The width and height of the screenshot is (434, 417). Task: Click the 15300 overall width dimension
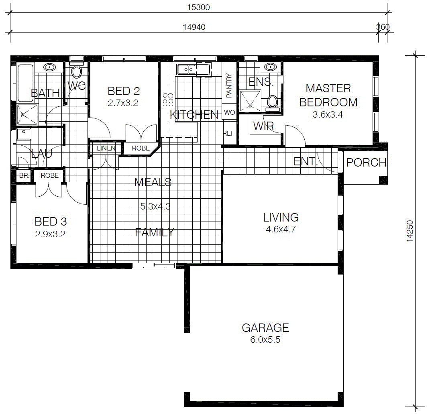198,7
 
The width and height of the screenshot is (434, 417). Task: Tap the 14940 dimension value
194,27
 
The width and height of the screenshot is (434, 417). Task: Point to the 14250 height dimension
410,231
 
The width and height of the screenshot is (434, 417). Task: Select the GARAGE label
265,328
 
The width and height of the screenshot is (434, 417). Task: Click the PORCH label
366,163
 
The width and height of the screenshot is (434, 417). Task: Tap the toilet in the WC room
76,70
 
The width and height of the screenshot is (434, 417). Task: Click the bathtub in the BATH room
25,83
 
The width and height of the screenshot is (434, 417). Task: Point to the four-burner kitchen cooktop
168,100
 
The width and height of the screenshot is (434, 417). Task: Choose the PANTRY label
229,85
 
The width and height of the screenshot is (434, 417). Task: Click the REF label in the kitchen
228,133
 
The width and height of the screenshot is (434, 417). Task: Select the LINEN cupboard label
106,148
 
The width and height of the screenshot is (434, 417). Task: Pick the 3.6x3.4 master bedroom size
328,114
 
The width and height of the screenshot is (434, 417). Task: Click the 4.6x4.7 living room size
281,230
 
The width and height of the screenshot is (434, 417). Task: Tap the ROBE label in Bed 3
50,176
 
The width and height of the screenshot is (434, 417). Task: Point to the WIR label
263,126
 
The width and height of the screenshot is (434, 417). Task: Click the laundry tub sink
24,134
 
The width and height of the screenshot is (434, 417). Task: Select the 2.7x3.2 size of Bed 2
123,103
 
